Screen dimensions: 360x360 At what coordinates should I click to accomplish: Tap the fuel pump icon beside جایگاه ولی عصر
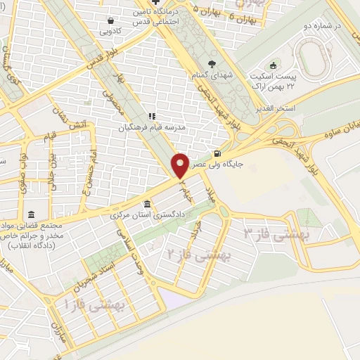pos(217,154)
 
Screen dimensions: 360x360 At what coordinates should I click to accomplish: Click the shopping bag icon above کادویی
pos(111,20)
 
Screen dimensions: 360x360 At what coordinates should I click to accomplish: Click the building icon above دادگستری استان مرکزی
pos(146,202)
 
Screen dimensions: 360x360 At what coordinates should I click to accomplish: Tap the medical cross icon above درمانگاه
pos(156,3)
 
